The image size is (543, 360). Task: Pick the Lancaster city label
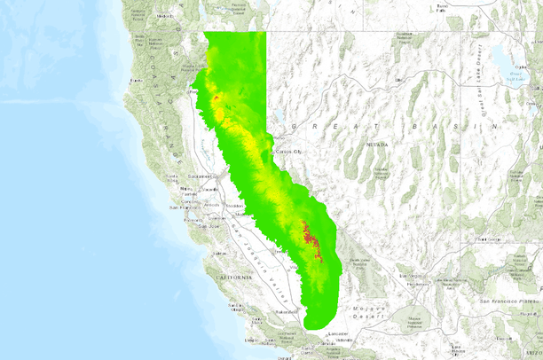pyautogui.click(x=337, y=333)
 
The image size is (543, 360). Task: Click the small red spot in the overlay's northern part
pyautogui.click(x=217, y=98)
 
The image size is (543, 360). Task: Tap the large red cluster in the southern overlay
pyautogui.click(x=311, y=239)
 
